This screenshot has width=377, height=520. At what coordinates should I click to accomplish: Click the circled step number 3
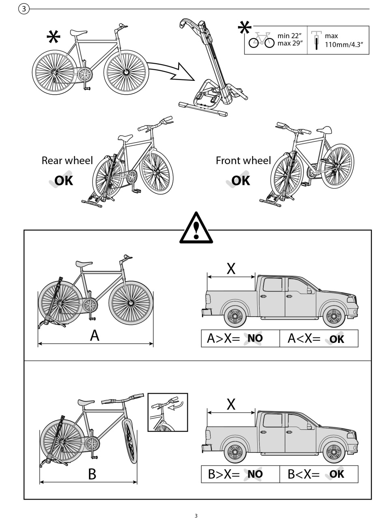pyautogui.click(x=24, y=9)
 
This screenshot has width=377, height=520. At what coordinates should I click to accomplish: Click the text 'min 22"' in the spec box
pyautogui.click(x=289, y=36)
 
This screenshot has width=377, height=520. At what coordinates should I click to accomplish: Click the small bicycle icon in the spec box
pyautogui.click(x=261, y=40)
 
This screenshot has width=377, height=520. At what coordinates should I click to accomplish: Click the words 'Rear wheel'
pyautogui.click(x=67, y=160)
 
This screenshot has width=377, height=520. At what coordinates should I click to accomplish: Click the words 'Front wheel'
pyautogui.click(x=243, y=160)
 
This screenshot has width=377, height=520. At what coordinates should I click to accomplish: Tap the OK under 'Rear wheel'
pyautogui.click(x=63, y=180)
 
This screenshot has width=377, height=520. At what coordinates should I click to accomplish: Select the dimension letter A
pyautogui.click(x=94, y=336)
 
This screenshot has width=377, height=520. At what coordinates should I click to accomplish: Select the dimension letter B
pyautogui.click(x=92, y=474)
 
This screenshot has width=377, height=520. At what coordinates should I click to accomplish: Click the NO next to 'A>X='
pyautogui.click(x=255, y=338)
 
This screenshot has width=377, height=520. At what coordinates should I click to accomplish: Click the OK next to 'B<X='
pyautogui.click(x=337, y=474)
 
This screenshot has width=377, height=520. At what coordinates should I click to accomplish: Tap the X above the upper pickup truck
pyautogui.click(x=231, y=269)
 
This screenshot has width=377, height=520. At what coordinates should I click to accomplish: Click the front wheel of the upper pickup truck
pyautogui.click(x=334, y=316)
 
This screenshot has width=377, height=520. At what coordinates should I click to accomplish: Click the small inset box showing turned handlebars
pyautogui.click(x=168, y=412)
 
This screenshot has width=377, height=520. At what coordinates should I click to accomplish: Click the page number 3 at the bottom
pyautogui.click(x=196, y=516)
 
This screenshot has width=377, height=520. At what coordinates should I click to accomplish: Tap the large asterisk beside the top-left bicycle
pyautogui.click(x=53, y=37)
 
